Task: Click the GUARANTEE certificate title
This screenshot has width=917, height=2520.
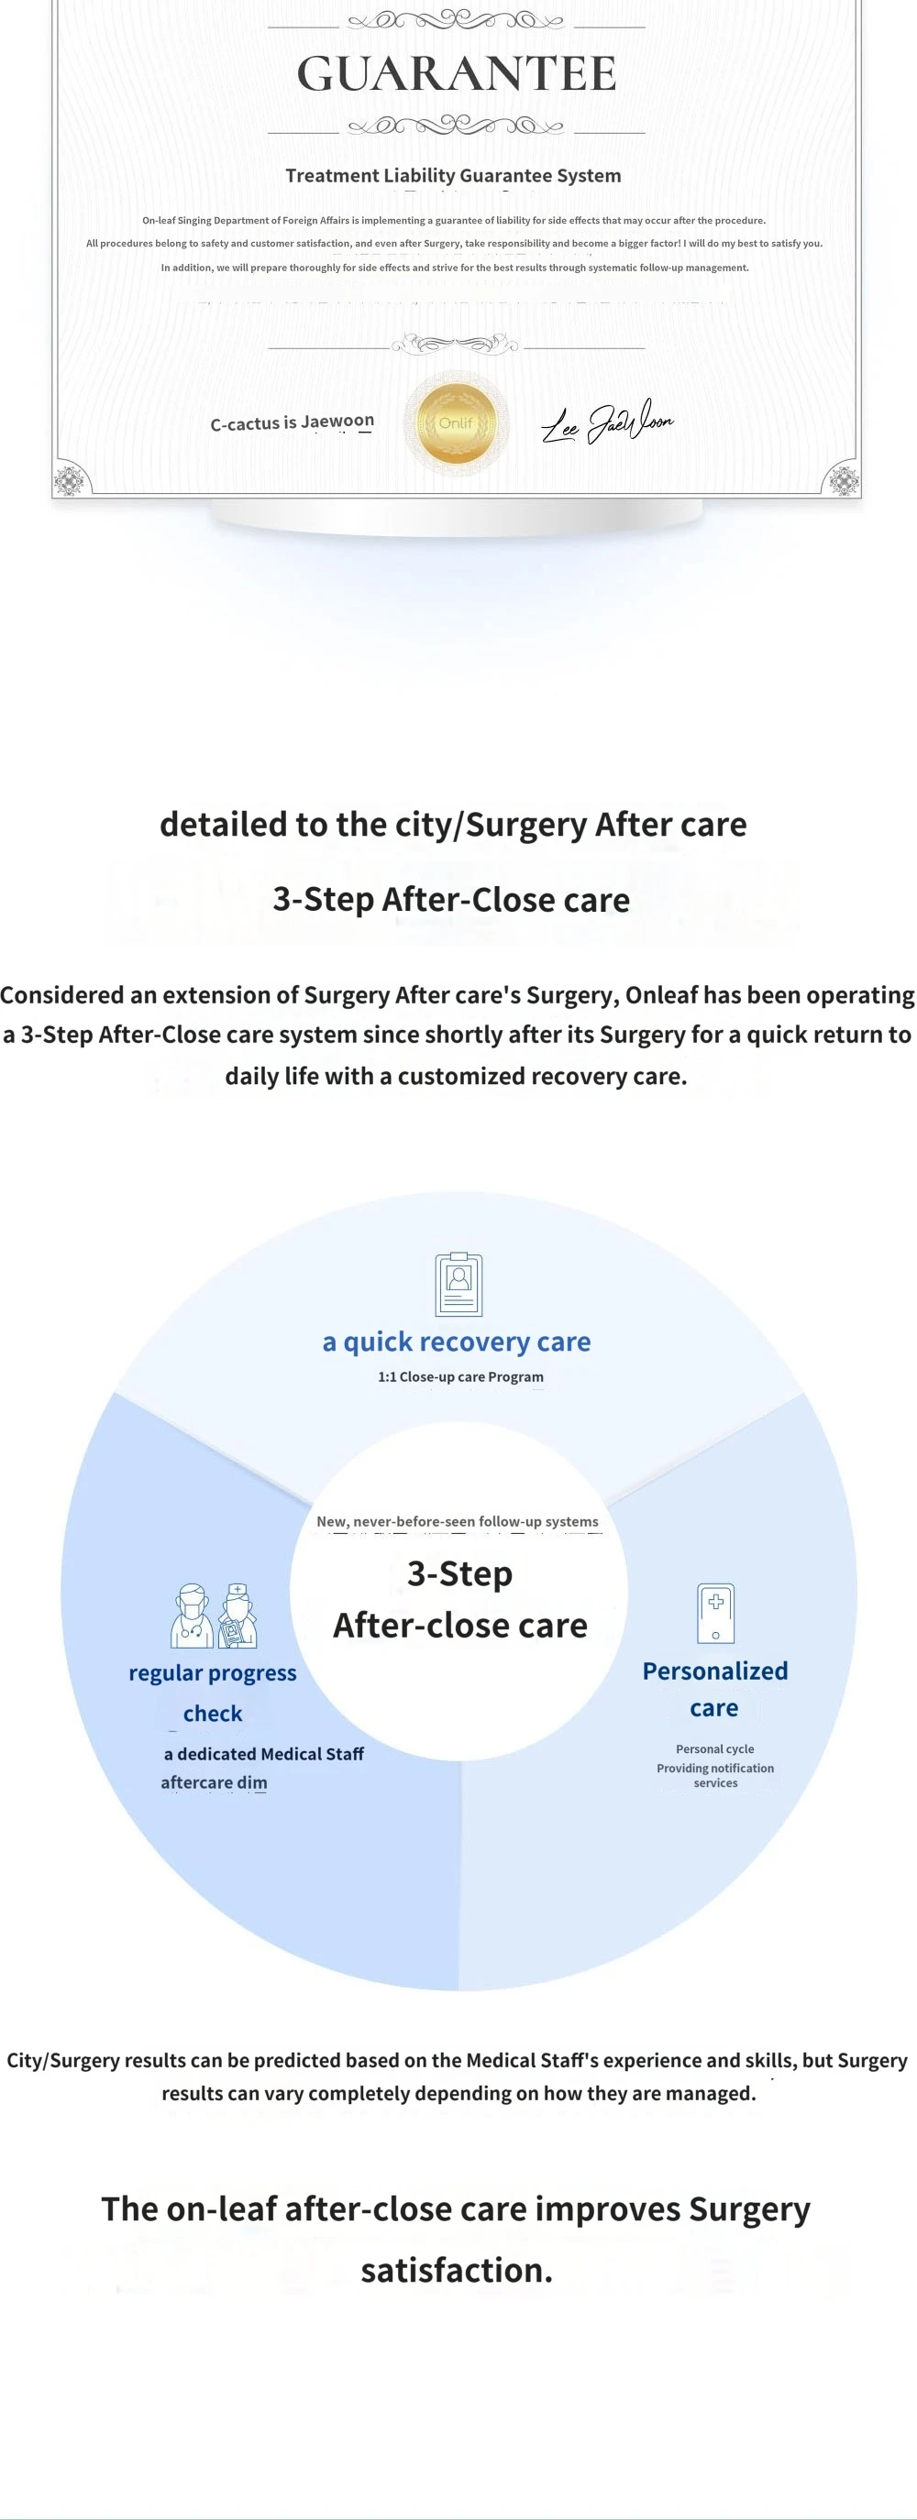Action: pos(457,73)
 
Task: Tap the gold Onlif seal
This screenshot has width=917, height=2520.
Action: pos(456,423)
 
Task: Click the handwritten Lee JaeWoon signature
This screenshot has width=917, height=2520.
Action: pos(607,422)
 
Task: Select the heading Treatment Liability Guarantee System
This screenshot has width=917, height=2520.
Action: pos(453,175)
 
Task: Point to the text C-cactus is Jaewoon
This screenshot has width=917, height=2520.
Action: pos(292,422)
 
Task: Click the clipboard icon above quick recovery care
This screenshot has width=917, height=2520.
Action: pos(459,1284)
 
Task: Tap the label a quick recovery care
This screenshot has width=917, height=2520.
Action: pos(457,1342)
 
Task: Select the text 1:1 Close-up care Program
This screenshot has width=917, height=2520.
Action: pos(461,1376)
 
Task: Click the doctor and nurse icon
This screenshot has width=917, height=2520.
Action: pos(215,1616)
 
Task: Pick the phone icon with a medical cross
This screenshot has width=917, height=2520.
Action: pos(715,1613)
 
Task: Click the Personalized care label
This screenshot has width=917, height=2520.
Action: pos(714,1690)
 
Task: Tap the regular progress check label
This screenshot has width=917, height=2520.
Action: pos(213,1693)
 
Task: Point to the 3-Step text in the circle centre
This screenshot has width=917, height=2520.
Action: pos(460,1573)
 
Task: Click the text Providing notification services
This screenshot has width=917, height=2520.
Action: pos(715,1775)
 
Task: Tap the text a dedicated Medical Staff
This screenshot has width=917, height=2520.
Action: pos(263,1754)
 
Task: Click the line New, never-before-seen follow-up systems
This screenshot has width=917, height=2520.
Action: pos(457,1521)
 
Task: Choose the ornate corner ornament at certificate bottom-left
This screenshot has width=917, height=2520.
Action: pos(71,479)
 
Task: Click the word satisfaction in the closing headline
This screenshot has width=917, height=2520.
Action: pos(456,2270)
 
